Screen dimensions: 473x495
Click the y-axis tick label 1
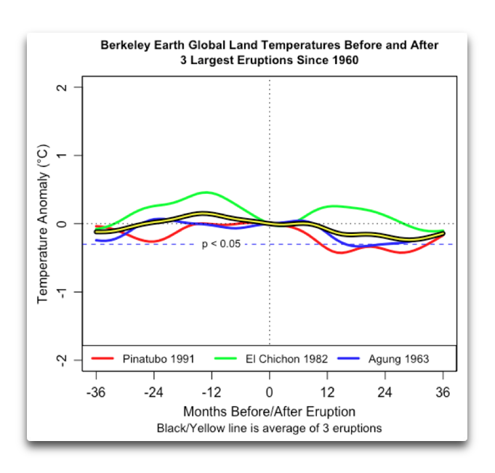(61, 155)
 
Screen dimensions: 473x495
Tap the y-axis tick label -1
(61, 291)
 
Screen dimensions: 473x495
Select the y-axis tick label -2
(61, 359)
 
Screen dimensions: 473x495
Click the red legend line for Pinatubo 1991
(103, 359)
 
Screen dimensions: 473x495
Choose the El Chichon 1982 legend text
(286, 359)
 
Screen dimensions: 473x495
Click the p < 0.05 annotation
(220, 244)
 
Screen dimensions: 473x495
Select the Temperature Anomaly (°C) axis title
(42, 223)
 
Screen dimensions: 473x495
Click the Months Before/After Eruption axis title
(269, 411)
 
